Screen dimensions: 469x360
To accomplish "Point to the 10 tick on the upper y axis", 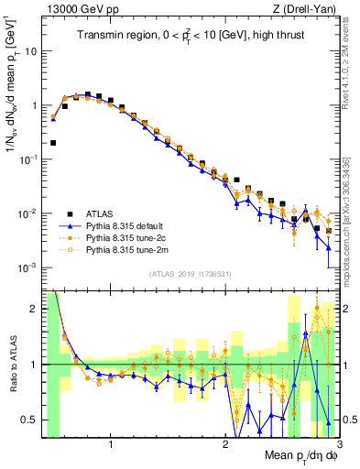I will click(31, 51).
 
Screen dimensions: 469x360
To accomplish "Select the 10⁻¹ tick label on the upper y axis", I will click(28, 159).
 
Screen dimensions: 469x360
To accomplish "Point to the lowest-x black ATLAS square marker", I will click(53, 143).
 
